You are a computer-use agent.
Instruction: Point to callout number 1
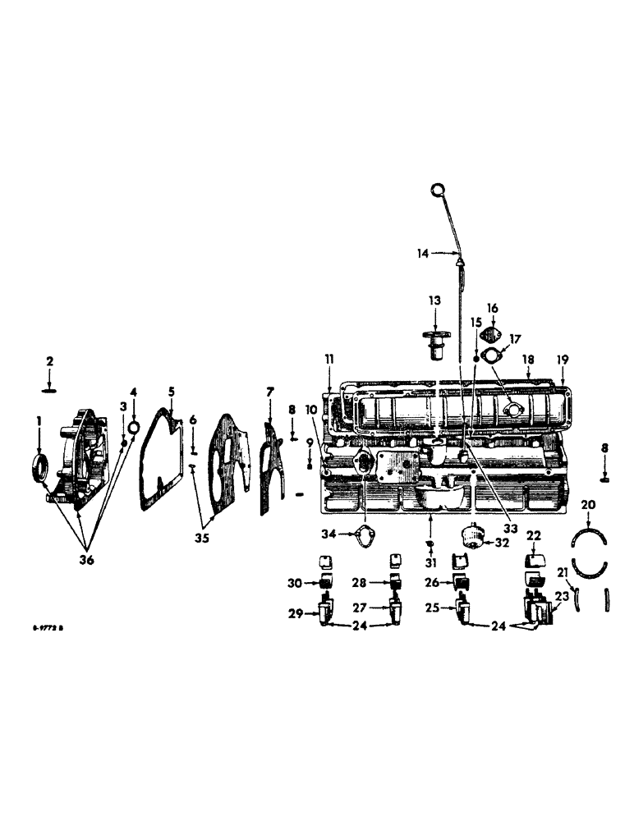tap(38, 422)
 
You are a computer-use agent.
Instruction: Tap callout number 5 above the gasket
tap(172, 392)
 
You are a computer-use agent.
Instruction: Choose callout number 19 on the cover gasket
tap(563, 360)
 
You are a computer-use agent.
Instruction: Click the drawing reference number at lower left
tap(48, 628)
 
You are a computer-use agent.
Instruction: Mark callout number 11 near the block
tap(329, 359)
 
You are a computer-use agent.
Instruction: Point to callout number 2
tap(49, 361)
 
